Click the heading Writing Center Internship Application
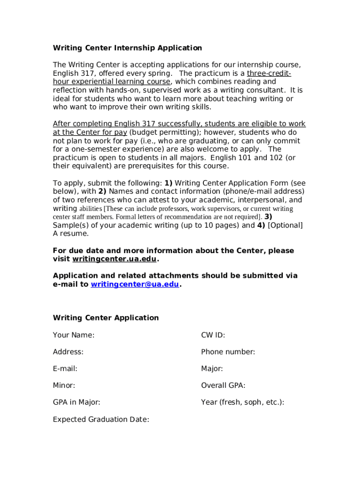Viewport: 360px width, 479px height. [x=127, y=48]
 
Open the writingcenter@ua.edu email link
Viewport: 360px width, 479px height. [x=135, y=284]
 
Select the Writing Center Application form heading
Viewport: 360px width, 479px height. [x=106, y=318]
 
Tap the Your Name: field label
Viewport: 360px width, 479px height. [x=73, y=335]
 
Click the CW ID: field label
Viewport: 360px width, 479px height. [x=213, y=335]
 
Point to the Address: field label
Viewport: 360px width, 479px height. [x=68, y=352]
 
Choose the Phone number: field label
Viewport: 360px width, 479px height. [x=228, y=352]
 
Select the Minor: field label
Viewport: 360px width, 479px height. [x=64, y=385]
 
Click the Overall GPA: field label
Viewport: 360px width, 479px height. [x=223, y=385]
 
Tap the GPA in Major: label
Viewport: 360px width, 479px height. [x=76, y=402]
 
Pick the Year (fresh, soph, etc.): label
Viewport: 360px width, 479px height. [x=242, y=402]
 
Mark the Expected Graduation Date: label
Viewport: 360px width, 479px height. [x=101, y=419]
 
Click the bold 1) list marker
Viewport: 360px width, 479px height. [x=168, y=183]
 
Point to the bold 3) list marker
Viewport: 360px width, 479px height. [x=268, y=217]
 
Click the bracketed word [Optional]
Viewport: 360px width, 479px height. [x=285, y=225]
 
